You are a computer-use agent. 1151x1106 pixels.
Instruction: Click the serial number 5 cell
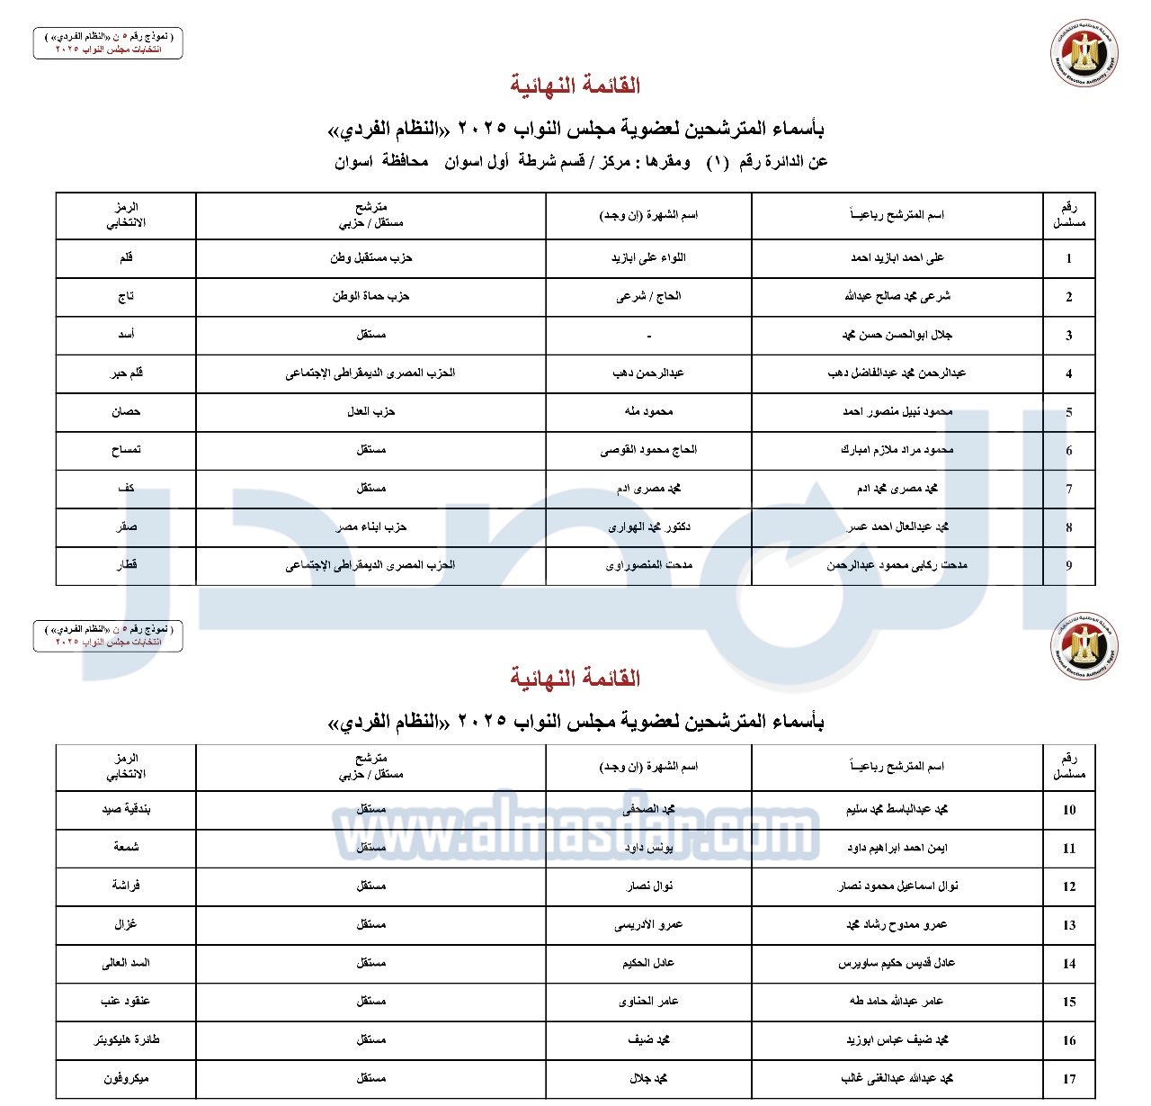tap(1068, 412)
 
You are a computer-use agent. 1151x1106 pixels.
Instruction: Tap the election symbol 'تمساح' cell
tap(126, 450)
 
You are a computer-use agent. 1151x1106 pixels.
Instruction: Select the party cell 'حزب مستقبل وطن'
tap(370, 258)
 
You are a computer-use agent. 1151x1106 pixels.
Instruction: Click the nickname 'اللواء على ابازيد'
tap(648, 258)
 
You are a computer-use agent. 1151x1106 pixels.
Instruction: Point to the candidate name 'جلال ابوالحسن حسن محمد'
tap(897, 335)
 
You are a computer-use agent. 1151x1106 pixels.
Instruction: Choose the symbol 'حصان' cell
tap(126, 411)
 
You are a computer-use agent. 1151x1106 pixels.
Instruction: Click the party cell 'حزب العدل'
tap(370, 411)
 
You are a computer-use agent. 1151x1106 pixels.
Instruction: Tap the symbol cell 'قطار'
tap(126, 565)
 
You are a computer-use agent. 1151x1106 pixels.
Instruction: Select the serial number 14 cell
tap(1068, 963)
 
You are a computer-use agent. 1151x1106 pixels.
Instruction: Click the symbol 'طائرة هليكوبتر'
tap(126, 1039)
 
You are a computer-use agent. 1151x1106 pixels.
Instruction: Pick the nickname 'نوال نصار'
tap(648, 886)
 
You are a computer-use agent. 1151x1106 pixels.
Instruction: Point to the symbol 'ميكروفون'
tap(126, 1078)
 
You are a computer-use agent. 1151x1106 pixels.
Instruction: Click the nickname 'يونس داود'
tap(648, 848)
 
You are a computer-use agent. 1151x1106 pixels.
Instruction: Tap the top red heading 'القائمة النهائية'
tap(575, 85)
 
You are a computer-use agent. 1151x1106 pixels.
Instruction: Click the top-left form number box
tap(108, 42)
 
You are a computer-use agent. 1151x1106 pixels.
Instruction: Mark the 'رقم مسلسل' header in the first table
tap(1068, 215)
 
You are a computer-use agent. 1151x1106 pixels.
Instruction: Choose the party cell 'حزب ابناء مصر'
tap(370, 526)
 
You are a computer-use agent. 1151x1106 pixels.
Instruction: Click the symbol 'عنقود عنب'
tap(126, 1001)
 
